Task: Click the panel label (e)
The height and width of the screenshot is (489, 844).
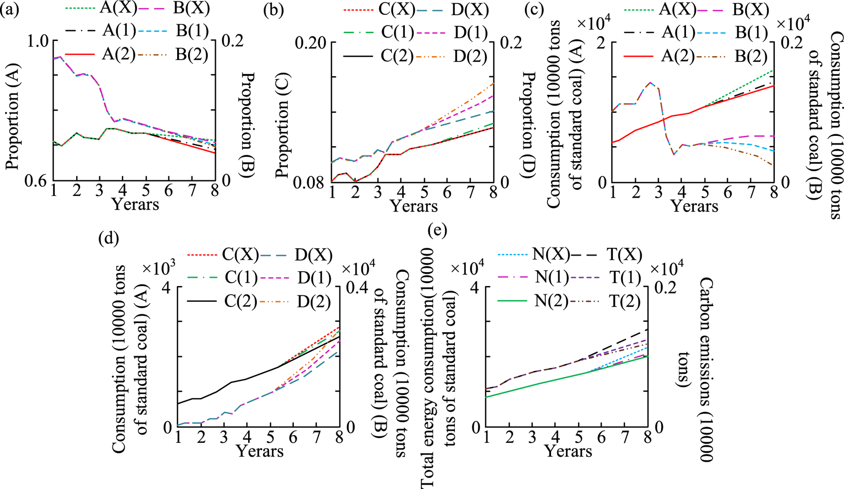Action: click(438, 231)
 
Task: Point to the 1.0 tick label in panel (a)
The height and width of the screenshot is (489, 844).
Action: click(38, 41)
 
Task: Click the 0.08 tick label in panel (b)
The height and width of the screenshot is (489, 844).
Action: click(311, 182)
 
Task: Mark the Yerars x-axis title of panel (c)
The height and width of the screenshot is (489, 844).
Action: click(694, 206)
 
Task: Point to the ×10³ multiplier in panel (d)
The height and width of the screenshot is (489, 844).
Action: click(159, 268)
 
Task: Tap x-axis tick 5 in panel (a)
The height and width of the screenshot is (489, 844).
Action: click(146, 191)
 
